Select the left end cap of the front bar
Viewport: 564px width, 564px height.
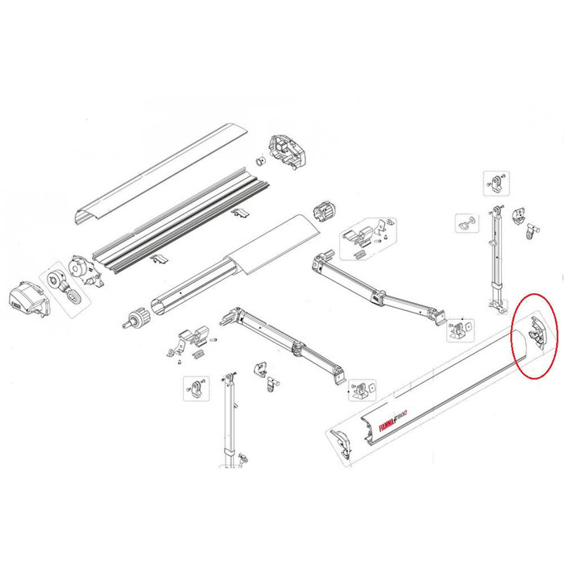tap(342, 442)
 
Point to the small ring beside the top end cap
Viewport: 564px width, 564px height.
tap(259, 160)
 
